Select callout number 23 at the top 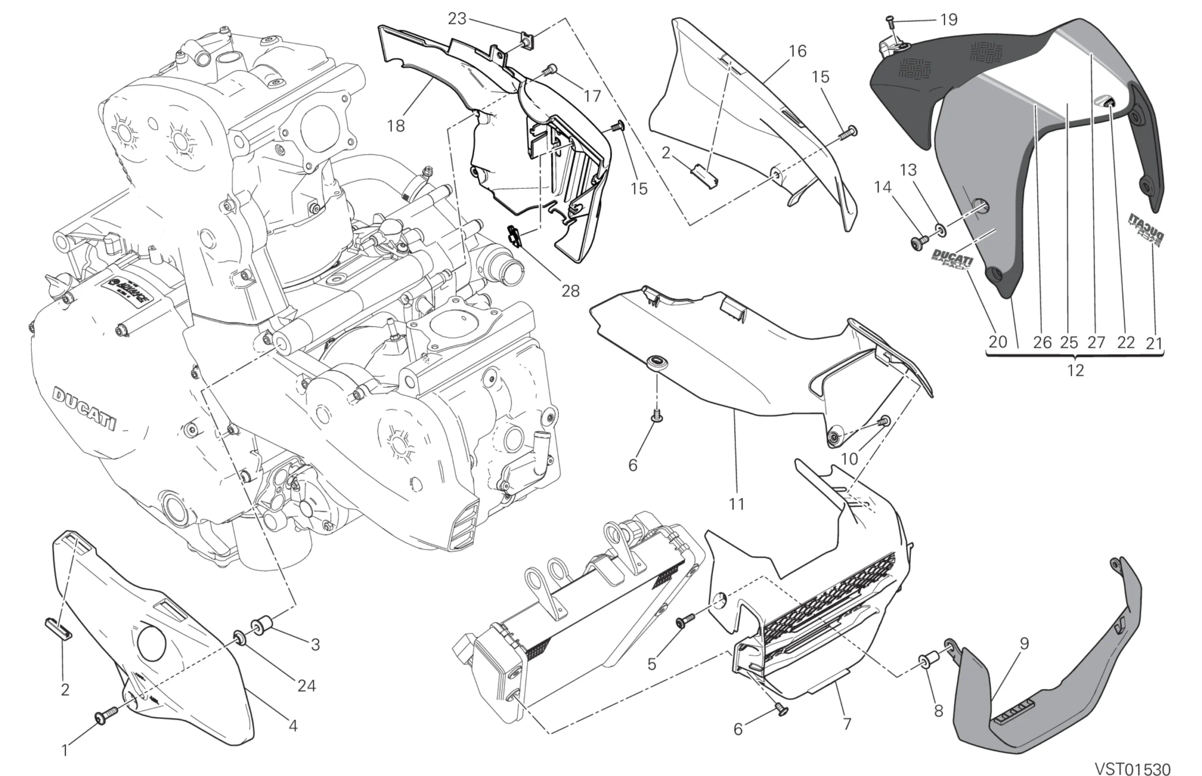457,19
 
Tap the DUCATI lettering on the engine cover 85,409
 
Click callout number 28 570,291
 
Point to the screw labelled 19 891,21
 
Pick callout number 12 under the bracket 1075,370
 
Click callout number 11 736,503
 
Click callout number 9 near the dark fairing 1024,643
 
